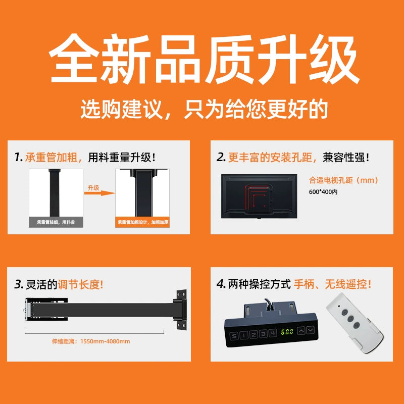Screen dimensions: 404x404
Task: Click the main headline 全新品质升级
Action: click(x=204, y=59)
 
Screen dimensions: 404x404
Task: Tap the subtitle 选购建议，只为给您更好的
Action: click(x=204, y=110)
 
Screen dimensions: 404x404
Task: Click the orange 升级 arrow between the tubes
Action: click(x=99, y=193)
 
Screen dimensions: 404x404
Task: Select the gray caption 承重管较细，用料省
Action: click(x=56, y=222)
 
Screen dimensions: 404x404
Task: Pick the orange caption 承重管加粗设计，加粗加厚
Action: click(x=142, y=222)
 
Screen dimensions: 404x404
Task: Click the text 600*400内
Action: click(x=323, y=192)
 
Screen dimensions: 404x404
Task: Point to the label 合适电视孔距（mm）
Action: click(x=343, y=180)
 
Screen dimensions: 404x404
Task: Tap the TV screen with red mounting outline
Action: click(x=259, y=196)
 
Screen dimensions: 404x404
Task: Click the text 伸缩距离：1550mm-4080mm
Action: click(x=91, y=341)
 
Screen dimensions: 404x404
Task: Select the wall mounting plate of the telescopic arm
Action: click(x=181, y=310)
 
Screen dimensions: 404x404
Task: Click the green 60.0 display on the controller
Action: click(x=287, y=332)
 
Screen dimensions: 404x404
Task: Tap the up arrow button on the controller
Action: click(x=301, y=331)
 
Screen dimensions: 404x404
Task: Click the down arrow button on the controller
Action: click(x=311, y=330)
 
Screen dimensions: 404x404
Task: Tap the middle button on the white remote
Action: click(x=350, y=319)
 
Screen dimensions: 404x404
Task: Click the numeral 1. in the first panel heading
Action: click(x=19, y=157)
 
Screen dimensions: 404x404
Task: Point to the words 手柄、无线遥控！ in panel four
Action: click(x=332, y=284)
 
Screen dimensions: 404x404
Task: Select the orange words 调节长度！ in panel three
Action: click(x=80, y=285)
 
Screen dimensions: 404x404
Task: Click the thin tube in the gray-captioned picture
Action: click(x=54, y=193)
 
